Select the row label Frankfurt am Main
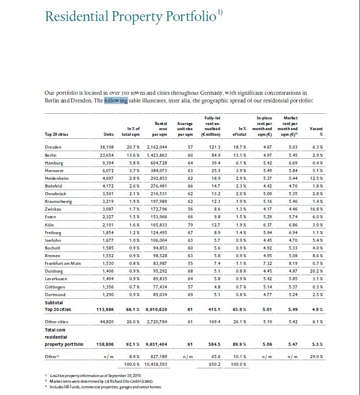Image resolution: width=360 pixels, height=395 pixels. tap(63, 263)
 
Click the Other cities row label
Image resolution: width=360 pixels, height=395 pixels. tap(58, 322)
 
